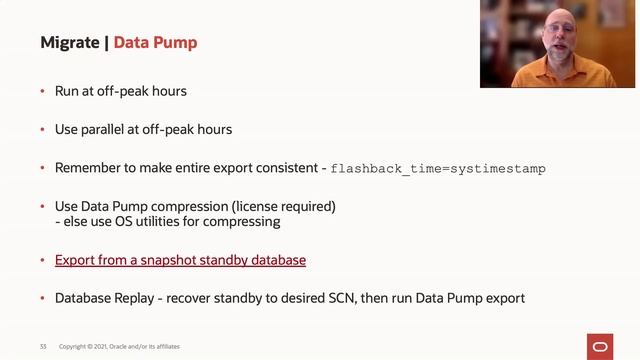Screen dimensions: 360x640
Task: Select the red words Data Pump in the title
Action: tap(155, 42)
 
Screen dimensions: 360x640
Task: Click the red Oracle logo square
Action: tap(602, 345)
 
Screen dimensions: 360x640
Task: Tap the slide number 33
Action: tap(43, 346)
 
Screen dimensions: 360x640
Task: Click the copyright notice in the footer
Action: tap(120, 346)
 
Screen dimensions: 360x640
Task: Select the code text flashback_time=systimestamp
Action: tap(438, 169)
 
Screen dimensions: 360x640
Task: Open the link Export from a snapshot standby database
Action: tap(180, 260)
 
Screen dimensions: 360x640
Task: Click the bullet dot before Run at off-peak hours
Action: tap(42, 92)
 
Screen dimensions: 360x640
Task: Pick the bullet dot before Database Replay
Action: tap(42, 298)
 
